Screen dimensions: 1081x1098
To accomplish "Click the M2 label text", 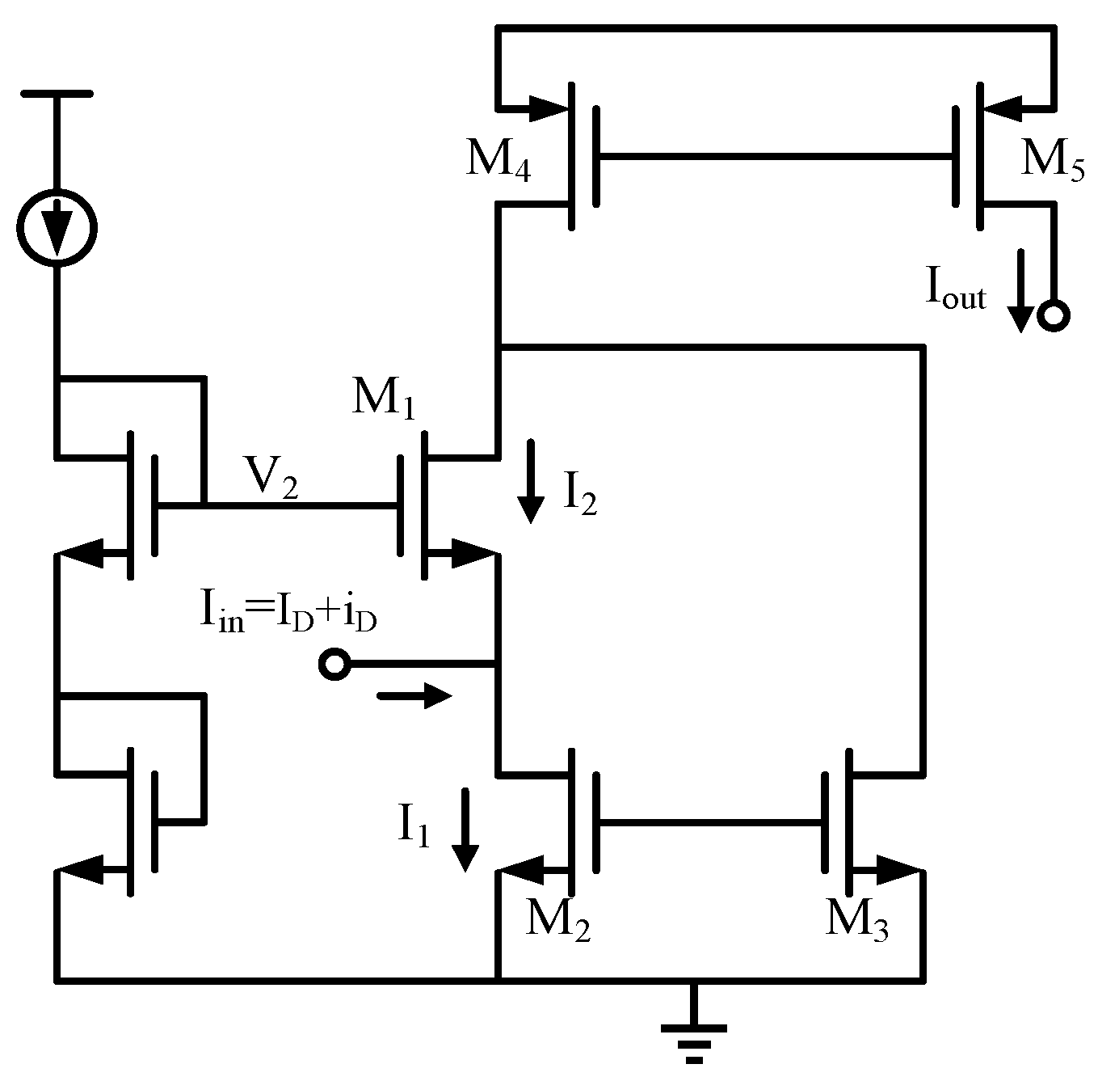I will [x=557, y=920].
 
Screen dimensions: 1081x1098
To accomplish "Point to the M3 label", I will [x=856, y=920].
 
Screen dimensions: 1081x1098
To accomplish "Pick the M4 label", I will [x=498, y=161].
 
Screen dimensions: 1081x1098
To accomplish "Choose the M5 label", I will [x=1052, y=159].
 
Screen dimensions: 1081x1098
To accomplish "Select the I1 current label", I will [x=413, y=826].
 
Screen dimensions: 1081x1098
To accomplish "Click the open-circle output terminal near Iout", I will [x=1054, y=315].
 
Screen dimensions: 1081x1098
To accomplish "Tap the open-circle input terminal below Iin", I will [x=334, y=665].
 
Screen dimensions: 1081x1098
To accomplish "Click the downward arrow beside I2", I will [x=531, y=481].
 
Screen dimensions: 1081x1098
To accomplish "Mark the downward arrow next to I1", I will [x=465, y=830].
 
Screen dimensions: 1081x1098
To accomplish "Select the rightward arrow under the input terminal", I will [x=414, y=695].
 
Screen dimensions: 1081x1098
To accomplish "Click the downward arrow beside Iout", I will [x=1020, y=291].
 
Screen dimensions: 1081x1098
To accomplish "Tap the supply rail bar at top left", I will [x=57, y=94].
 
